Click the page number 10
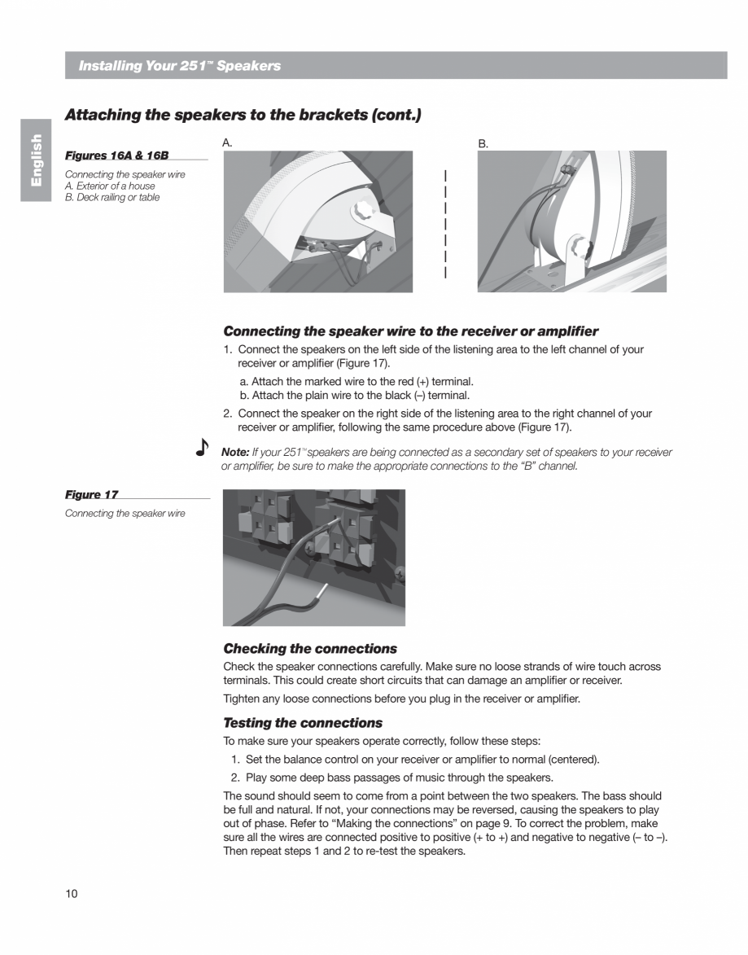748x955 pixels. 71,894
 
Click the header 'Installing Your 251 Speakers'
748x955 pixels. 179,66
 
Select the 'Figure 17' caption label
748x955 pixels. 91,495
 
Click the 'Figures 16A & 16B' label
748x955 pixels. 116,156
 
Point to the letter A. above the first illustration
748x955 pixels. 228,142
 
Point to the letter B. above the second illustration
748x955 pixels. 483,143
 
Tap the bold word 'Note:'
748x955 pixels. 234,452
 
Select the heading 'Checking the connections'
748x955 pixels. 310,649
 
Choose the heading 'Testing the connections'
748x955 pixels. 303,723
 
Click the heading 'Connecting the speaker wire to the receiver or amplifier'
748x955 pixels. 410,331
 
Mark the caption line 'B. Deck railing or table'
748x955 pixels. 112,197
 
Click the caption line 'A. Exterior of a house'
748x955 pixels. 110,186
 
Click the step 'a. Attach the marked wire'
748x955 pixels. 357,381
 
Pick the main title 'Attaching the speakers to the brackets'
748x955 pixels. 243,115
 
